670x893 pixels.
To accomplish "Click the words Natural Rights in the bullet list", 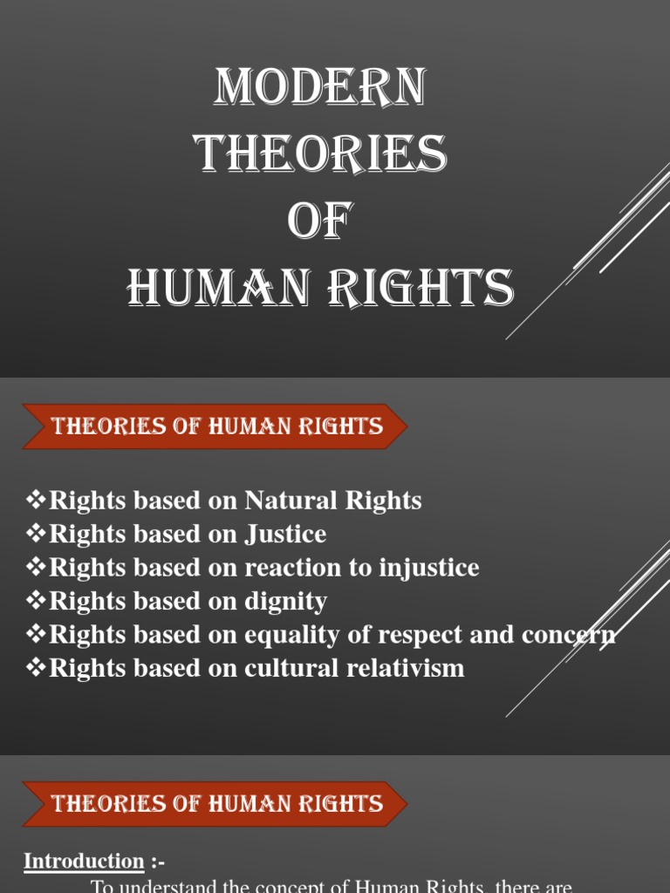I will coord(333,501).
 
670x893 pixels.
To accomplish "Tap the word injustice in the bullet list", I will coord(428,568).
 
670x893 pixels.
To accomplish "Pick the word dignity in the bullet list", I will coord(286,601).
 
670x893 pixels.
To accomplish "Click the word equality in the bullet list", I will coord(288,635).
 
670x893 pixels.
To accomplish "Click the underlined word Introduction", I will coord(84,862).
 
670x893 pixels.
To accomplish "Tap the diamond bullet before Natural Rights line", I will coord(36,501).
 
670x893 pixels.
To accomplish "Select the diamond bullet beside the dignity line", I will coord(36,601).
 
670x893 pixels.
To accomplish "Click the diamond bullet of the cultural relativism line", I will coord(36,668).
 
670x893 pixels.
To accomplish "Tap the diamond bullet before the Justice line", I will coord(36,534).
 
